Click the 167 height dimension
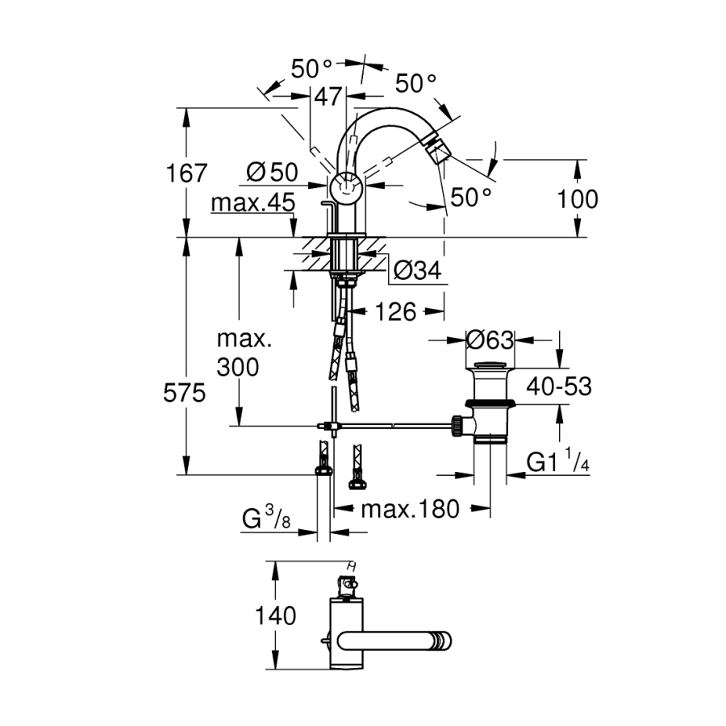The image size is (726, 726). coord(187,173)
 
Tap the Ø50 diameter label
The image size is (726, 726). coord(272,172)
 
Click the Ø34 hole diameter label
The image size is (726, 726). coord(416,272)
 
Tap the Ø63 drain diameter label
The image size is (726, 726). coord(490,340)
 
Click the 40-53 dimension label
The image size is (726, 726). coord(557,387)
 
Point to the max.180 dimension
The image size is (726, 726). coord(409,509)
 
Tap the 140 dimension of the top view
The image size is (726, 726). coord(277,616)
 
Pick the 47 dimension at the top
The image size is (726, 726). coord(327,98)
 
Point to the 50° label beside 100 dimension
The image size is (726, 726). coord(470,196)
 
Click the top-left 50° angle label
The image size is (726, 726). coord(311,69)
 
